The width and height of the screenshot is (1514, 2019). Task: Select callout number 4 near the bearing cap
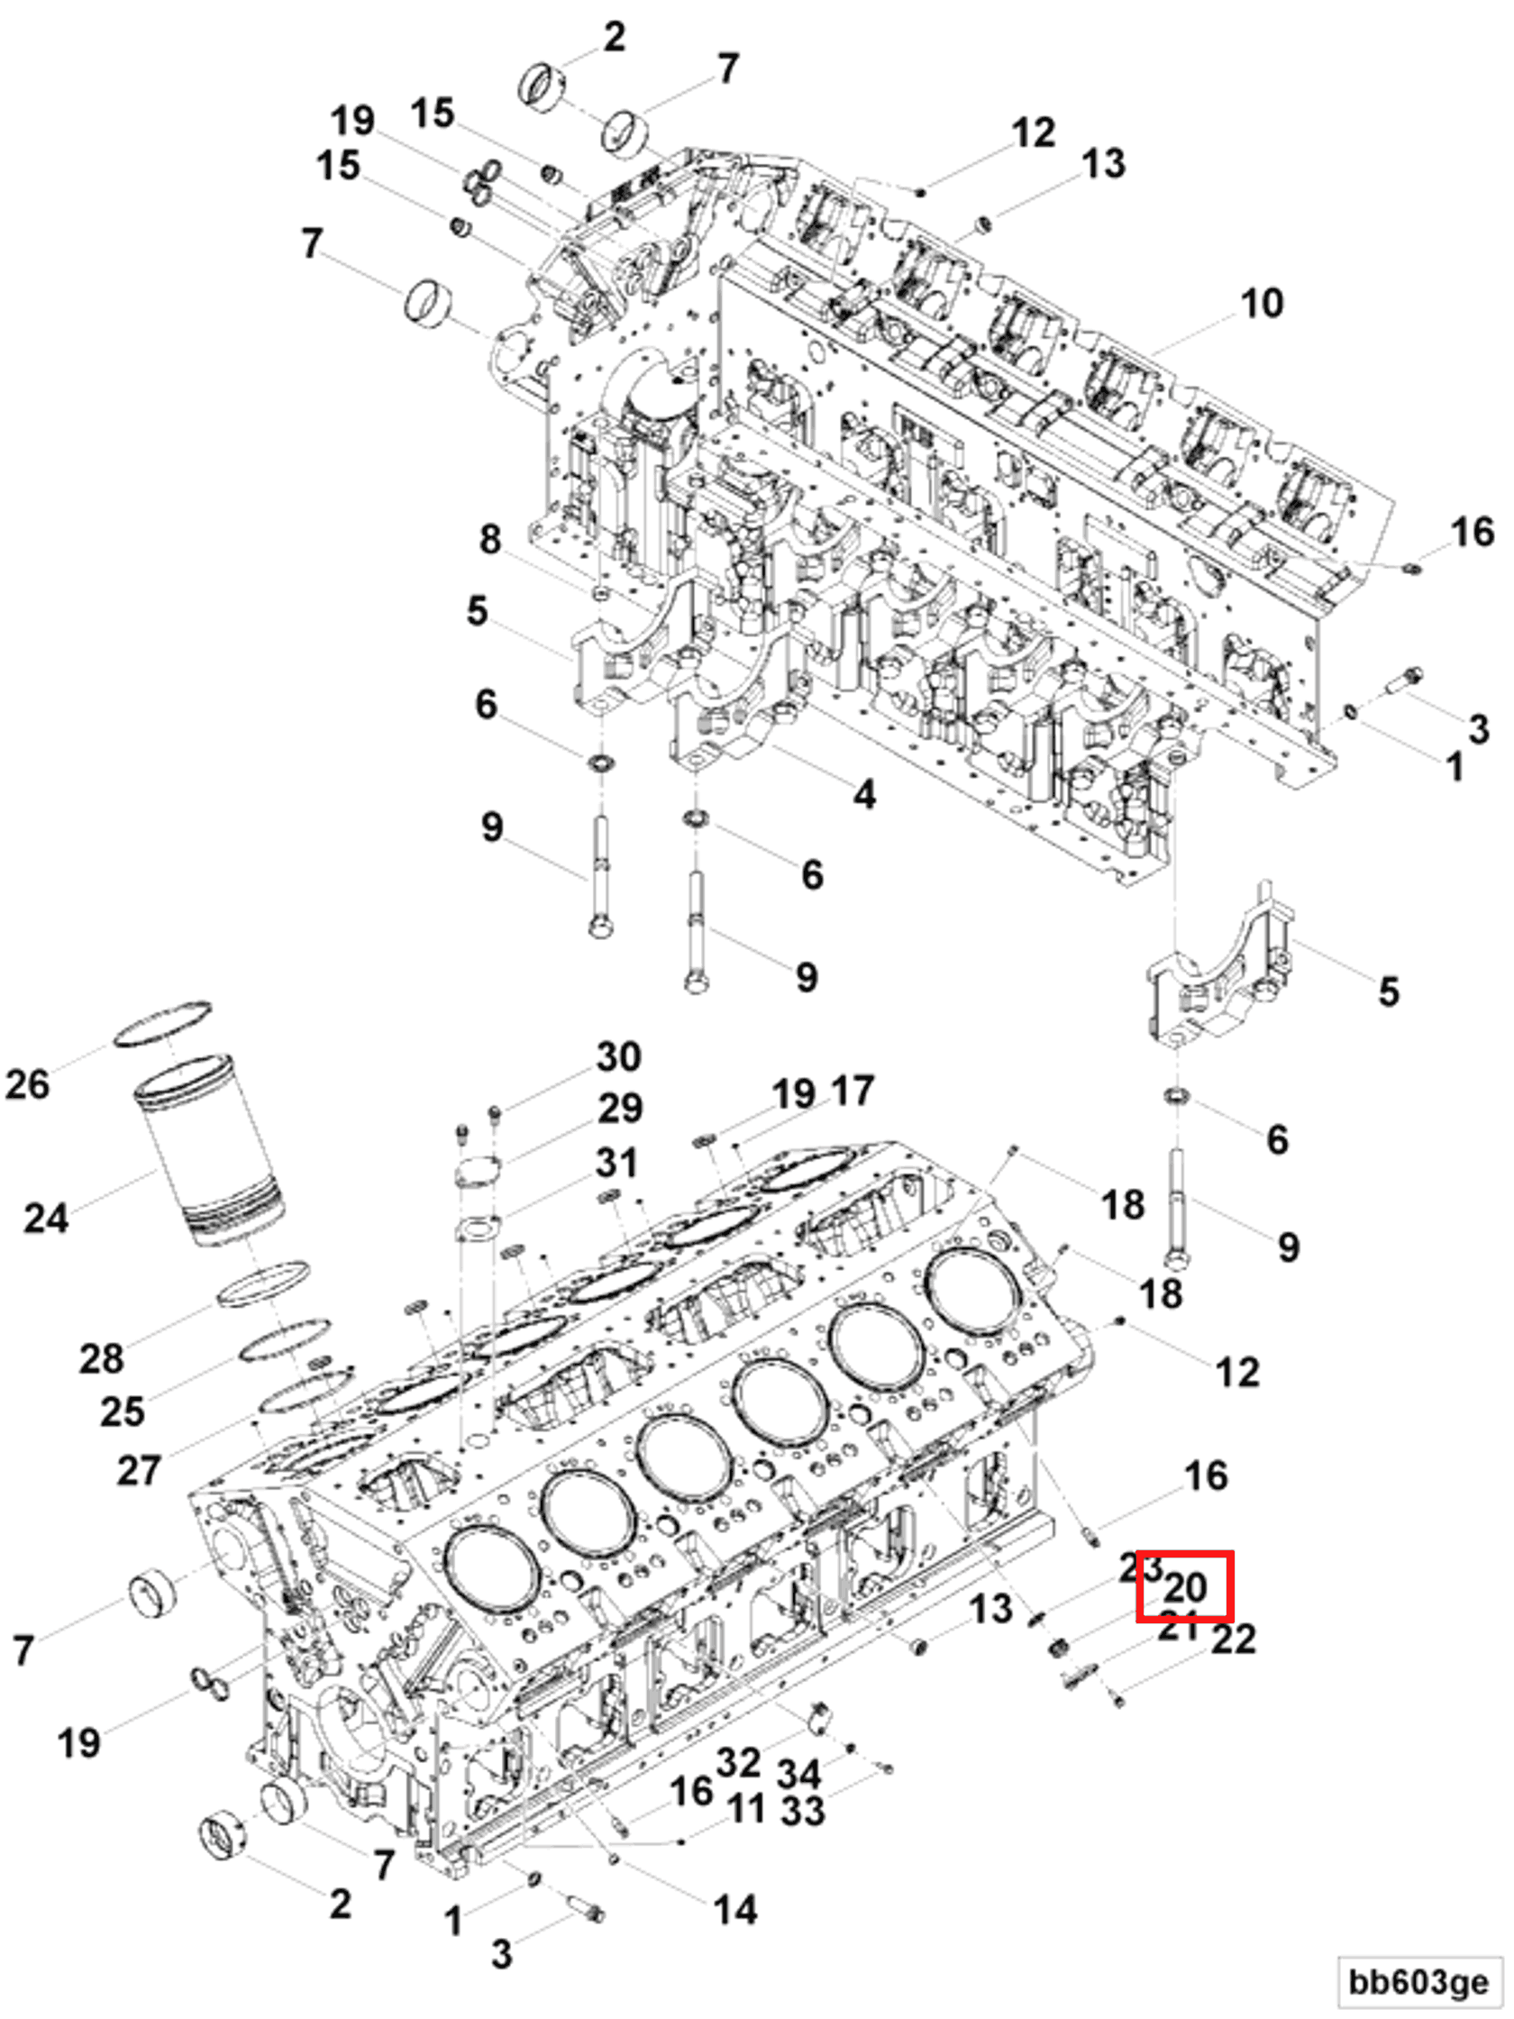click(864, 795)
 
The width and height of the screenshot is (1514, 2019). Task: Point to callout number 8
click(490, 539)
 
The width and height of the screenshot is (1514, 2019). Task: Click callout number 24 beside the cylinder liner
click(46, 1219)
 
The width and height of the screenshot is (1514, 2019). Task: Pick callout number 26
click(27, 1085)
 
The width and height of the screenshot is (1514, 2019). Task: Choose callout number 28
click(101, 1359)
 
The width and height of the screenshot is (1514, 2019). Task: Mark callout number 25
click(123, 1412)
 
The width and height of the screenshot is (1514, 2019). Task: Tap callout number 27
click(139, 1470)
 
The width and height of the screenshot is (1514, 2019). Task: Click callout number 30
click(619, 1057)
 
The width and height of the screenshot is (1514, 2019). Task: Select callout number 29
click(620, 1109)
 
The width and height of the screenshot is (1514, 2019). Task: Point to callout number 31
click(617, 1164)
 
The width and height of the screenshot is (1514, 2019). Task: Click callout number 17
click(853, 1092)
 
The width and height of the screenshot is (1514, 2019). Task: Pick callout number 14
click(735, 1909)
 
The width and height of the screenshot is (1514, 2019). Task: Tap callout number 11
click(746, 1809)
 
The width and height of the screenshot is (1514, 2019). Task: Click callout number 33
click(803, 1811)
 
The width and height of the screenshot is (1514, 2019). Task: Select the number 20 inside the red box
click(1184, 1587)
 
